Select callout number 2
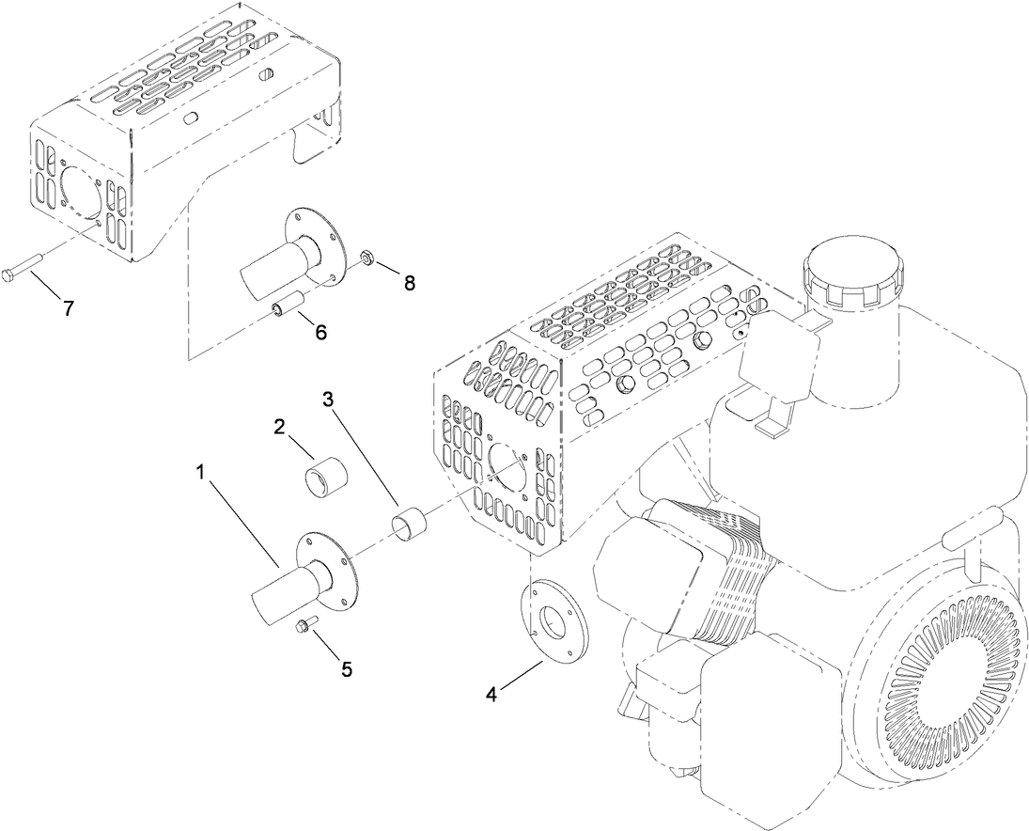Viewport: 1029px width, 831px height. coord(280,426)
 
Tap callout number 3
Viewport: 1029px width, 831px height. coord(329,398)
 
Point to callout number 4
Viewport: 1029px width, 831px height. coord(491,695)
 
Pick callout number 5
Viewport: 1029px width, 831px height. coord(347,669)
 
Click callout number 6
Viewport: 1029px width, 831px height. coord(320,332)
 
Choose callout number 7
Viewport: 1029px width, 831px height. coord(67,307)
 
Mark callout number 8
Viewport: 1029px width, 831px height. coord(409,282)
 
